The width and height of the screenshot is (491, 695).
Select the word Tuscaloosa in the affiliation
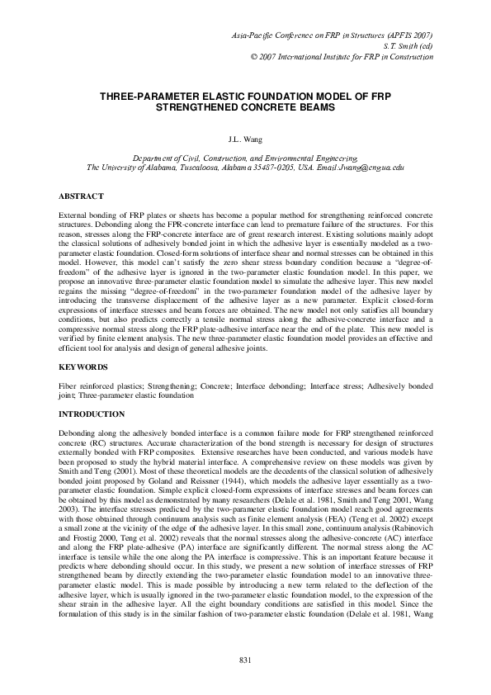[208, 166]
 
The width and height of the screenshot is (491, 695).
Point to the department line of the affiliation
[245, 156]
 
